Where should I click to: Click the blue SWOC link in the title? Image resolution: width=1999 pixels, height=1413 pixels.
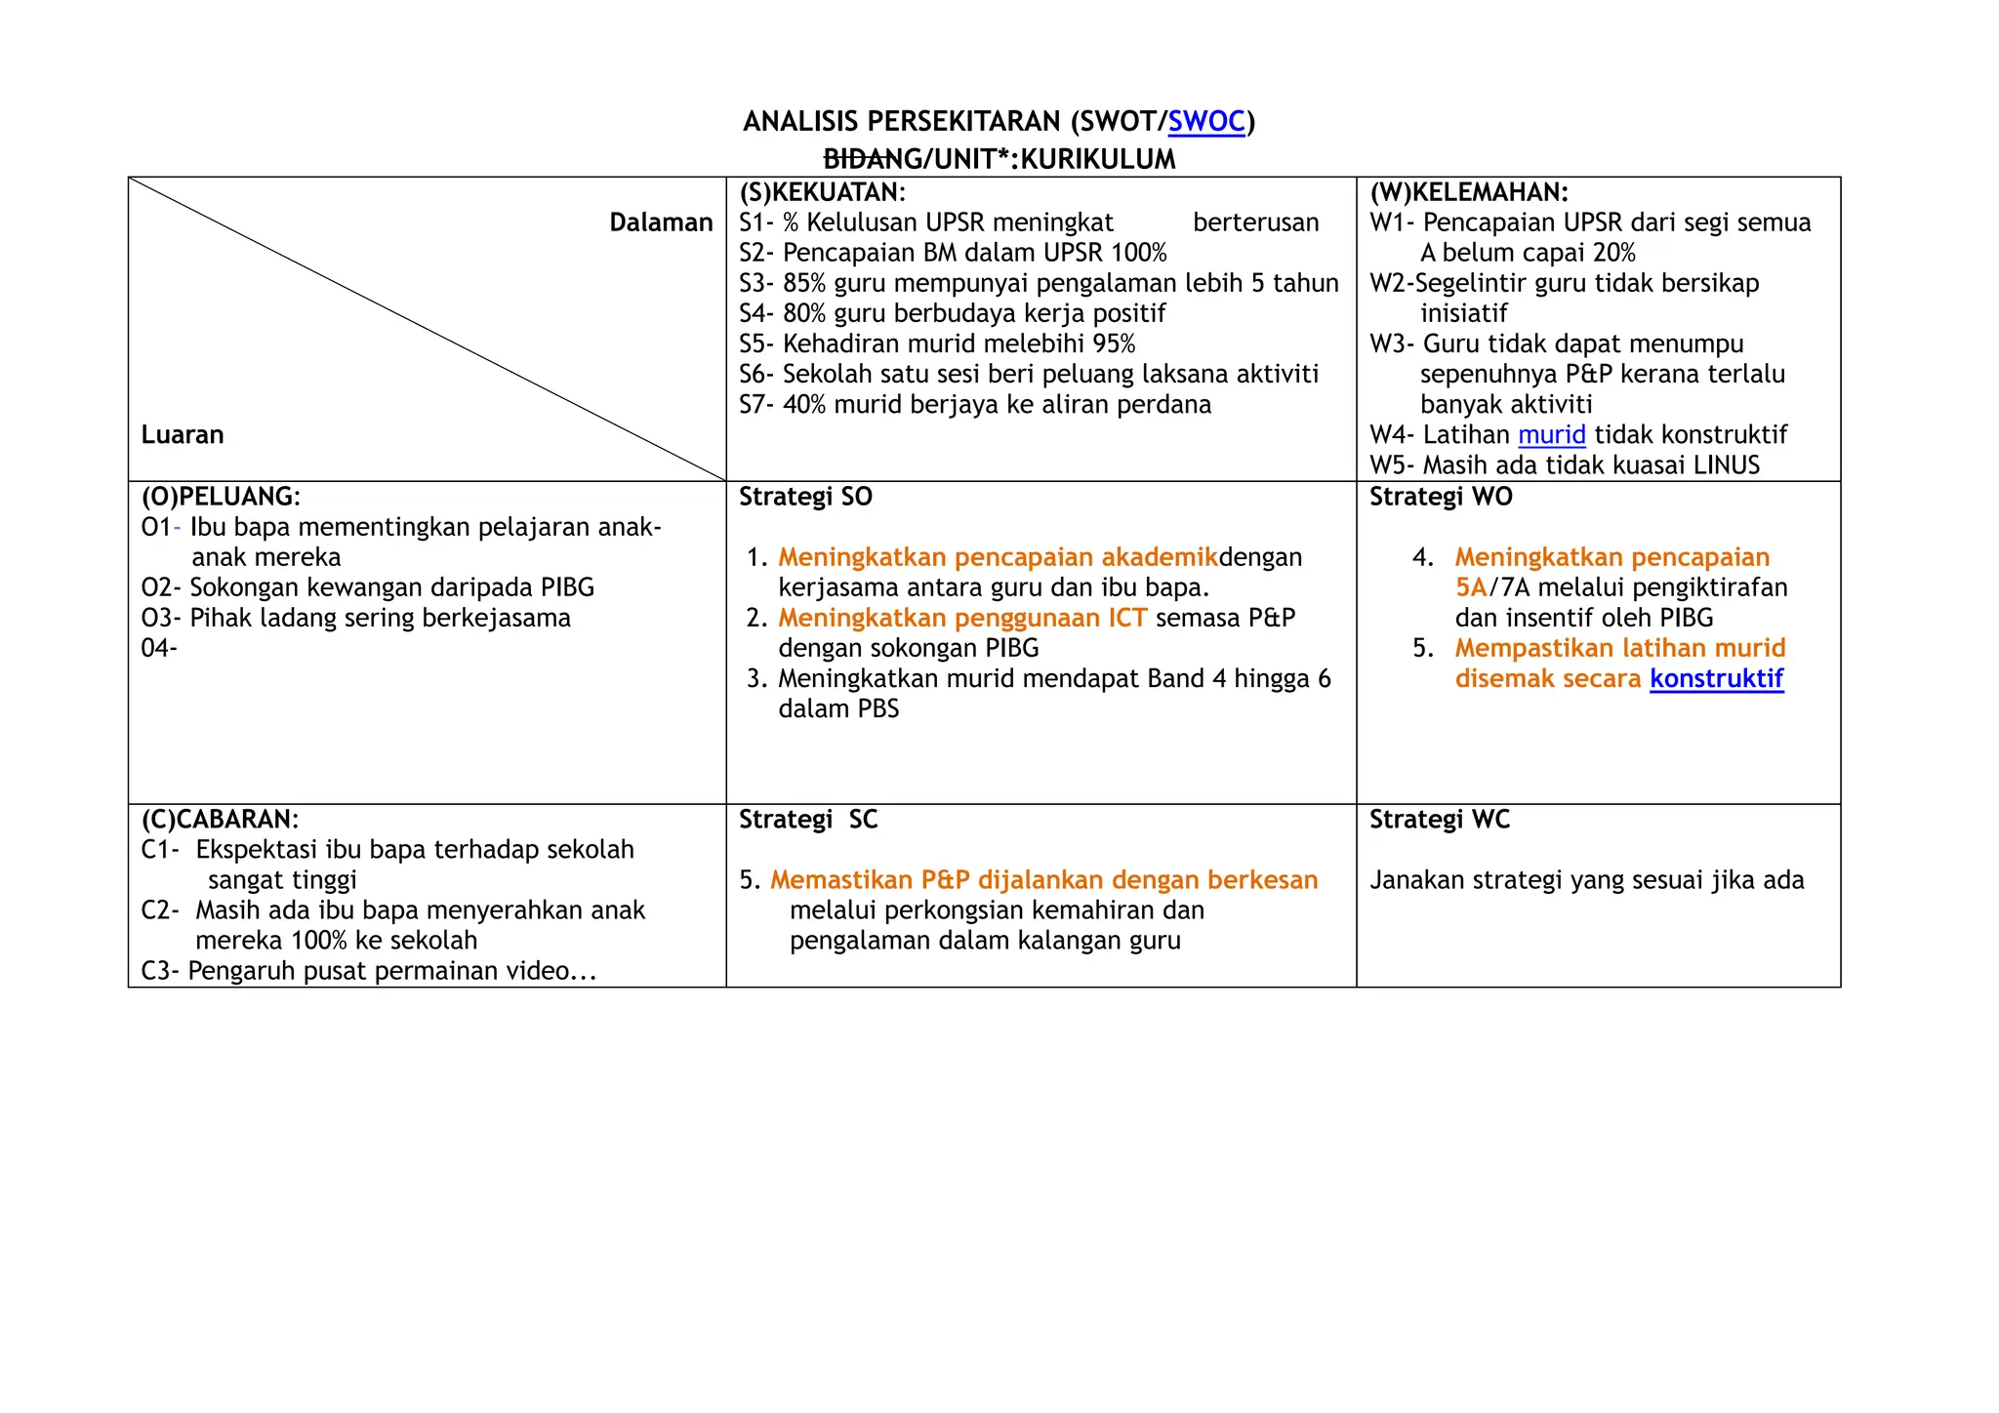(1206, 122)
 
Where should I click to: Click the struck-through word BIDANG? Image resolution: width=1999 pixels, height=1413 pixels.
(864, 159)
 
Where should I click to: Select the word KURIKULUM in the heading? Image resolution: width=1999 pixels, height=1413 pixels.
(1098, 159)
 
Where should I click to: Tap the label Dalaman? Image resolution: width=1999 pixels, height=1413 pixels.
(661, 222)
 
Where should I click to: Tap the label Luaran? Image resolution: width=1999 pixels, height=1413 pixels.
(183, 435)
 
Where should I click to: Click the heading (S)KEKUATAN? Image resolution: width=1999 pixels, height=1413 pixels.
(822, 192)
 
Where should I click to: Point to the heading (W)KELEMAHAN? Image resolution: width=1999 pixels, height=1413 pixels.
(1469, 192)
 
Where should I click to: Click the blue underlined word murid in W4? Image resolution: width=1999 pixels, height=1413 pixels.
(1552, 435)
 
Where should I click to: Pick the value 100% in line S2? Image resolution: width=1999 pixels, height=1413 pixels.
(1138, 254)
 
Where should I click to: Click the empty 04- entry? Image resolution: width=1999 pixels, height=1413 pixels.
(159, 648)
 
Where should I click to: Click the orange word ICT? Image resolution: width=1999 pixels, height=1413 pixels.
(1126, 618)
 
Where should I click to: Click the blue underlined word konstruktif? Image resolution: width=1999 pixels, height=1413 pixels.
(1717, 679)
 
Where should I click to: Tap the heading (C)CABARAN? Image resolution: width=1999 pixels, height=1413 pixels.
(220, 819)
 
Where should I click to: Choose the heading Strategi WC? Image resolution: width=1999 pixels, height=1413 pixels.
(1440, 820)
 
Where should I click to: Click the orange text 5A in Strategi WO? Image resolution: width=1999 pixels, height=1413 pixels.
(1471, 587)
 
